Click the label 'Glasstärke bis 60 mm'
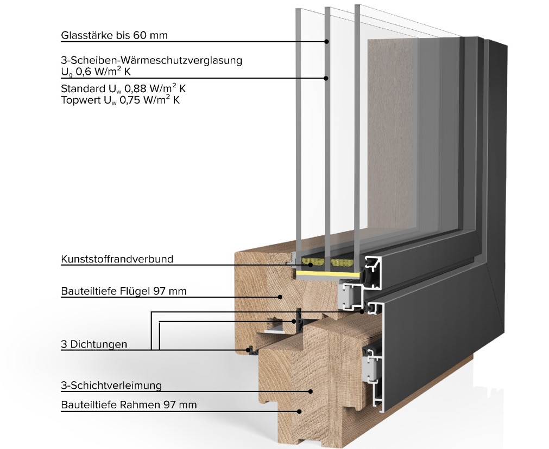(x=114, y=35)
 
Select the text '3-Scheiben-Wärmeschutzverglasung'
(x=152, y=61)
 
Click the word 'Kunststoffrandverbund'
(x=117, y=259)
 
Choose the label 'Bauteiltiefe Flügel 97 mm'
(x=124, y=291)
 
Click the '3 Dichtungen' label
(x=94, y=344)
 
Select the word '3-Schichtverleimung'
(x=111, y=386)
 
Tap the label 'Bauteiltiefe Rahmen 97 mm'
(x=129, y=405)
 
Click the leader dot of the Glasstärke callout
(x=327, y=42)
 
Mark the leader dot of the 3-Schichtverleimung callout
(x=311, y=392)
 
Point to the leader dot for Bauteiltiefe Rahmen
(x=299, y=412)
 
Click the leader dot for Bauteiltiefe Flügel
(x=280, y=297)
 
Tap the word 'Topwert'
(x=80, y=100)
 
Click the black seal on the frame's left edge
(x=250, y=350)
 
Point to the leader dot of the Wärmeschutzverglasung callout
(x=327, y=78)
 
